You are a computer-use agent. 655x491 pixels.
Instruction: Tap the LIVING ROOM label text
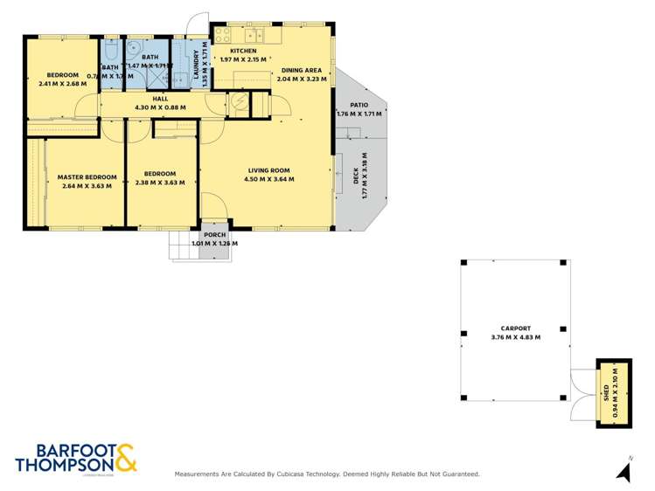pos(268,170)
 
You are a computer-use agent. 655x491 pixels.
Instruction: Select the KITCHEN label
pos(243,52)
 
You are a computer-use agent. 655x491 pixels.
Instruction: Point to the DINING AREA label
pos(301,70)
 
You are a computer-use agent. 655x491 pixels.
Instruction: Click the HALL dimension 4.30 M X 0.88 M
pos(160,107)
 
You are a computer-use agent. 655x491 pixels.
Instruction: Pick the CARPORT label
pos(515,328)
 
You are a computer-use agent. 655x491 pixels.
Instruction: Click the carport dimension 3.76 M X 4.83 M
pos(515,337)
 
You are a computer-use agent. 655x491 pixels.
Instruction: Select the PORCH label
pos(215,235)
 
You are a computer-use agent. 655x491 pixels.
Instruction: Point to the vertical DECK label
pos(356,176)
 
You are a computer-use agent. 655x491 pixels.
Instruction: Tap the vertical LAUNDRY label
pos(197,64)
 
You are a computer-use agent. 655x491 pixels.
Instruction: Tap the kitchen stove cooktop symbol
pos(222,36)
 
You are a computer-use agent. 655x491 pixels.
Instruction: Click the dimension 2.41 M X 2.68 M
pos(63,84)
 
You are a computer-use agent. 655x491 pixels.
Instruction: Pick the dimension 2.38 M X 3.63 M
pos(160,182)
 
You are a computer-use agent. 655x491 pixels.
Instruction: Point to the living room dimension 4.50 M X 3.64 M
pos(268,179)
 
